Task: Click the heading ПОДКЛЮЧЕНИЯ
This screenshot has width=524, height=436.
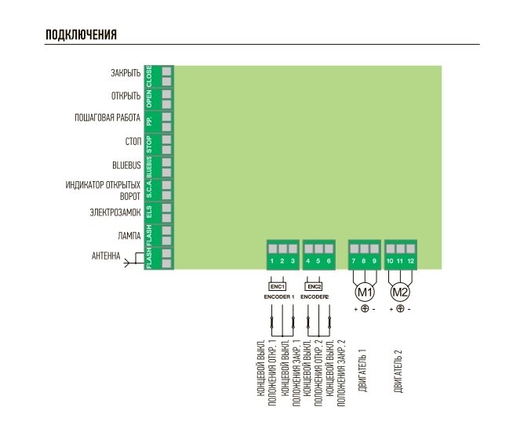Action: (82, 35)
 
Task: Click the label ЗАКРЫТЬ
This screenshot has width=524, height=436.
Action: (126, 73)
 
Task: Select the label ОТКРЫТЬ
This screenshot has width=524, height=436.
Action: (126, 96)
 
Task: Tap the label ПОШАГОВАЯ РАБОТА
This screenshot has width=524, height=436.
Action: (107, 119)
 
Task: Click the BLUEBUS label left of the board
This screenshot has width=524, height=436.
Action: (127, 166)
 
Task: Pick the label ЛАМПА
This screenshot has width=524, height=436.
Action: (129, 235)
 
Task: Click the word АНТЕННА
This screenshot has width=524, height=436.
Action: (106, 256)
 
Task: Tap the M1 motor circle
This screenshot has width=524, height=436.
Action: (364, 292)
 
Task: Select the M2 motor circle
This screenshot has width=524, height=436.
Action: (400, 292)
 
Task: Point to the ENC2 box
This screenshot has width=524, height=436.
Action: (315, 287)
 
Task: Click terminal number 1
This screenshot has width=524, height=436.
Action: (271, 260)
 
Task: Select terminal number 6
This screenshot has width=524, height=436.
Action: (329, 260)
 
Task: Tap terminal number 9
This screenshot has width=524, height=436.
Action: (375, 260)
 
